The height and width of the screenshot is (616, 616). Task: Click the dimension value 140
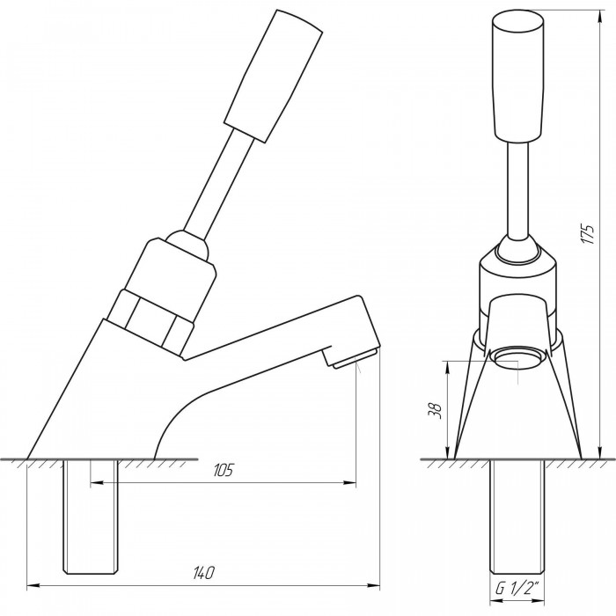click(x=204, y=573)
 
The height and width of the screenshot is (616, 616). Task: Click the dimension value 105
click(x=223, y=470)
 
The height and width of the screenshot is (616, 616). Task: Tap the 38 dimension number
click(x=436, y=411)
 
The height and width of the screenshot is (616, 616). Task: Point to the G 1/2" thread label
click(x=517, y=588)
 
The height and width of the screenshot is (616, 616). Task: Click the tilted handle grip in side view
click(x=274, y=76)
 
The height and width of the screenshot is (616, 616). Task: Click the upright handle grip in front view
click(x=518, y=77)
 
